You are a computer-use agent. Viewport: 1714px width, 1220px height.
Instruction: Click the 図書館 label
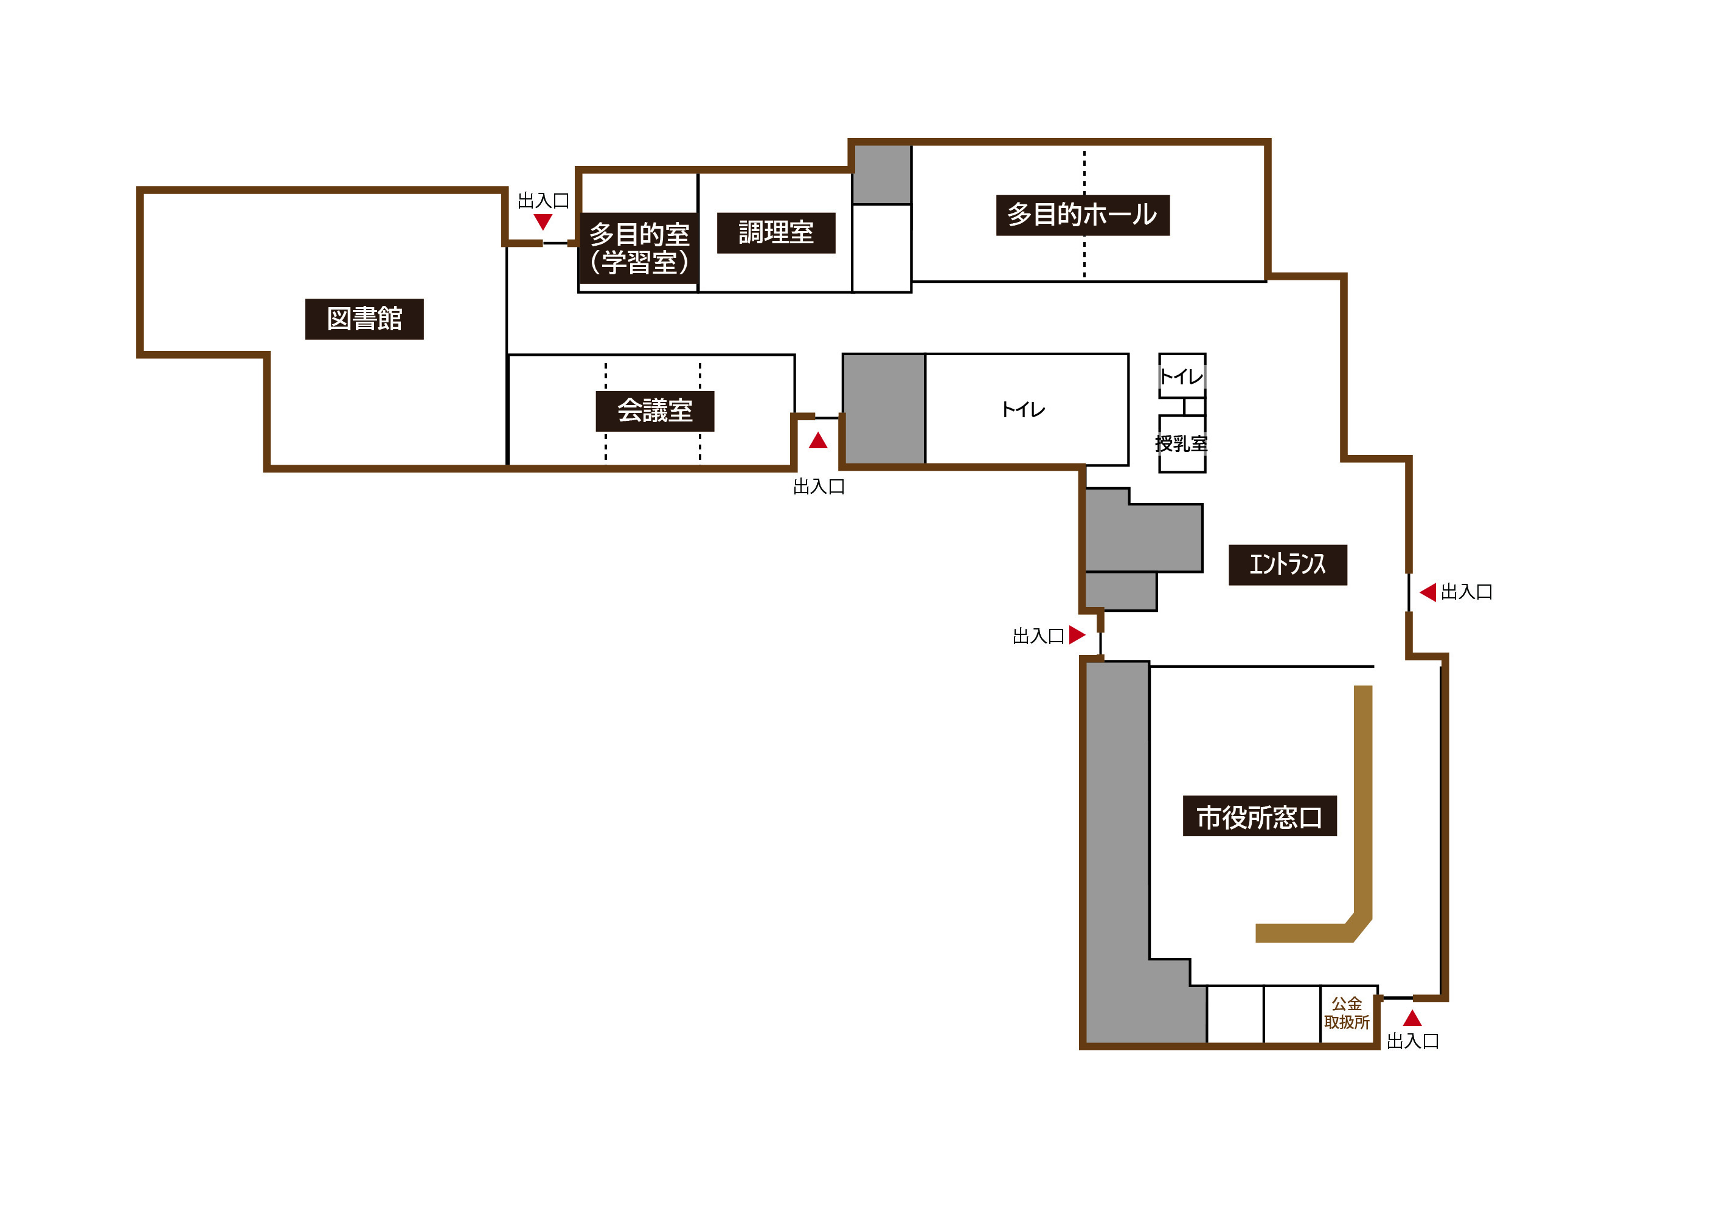[x=364, y=319]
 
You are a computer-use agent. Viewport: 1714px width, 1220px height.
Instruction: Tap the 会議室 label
[x=655, y=411]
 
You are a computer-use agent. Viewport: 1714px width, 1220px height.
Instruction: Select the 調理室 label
[x=776, y=233]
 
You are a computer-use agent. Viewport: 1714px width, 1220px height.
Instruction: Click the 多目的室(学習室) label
[x=639, y=249]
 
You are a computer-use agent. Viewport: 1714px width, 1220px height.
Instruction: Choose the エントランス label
[x=1288, y=565]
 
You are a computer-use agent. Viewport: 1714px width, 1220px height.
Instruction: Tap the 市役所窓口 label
[x=1260, y=816]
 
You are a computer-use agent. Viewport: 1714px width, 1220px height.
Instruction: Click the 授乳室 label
[x=1181, y=444]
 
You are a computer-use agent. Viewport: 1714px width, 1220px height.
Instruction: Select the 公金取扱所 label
[x=1347, y=1013]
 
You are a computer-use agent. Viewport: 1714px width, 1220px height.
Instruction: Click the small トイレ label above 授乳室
[x=1181, y=376]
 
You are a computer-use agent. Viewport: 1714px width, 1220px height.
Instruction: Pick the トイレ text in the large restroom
[x=1024, y=409]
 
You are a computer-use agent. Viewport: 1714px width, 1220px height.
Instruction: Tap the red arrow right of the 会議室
[x=818, y=440]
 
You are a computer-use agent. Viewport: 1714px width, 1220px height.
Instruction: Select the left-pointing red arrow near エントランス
[x=1428, y=592]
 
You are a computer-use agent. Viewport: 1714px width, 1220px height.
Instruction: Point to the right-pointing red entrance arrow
[x=1077, y=635]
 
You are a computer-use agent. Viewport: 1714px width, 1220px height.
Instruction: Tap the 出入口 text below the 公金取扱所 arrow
[x=1413, y=1041]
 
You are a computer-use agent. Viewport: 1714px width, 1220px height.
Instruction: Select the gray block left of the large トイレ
[x=884, y=409]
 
